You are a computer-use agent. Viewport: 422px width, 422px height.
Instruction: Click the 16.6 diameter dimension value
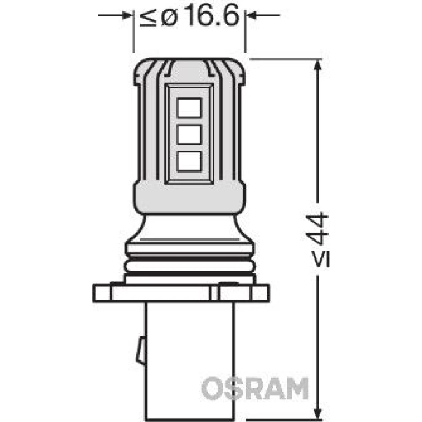pyautogui.click(x=212, y=16)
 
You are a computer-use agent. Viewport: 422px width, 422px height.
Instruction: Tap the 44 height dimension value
pyautogui.click(x=317, y=229)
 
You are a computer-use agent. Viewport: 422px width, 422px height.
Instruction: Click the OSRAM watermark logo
pyautogui.click(x=255, y=388)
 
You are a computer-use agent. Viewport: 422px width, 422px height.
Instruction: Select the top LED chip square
pyautogui.click(x=189, y=108)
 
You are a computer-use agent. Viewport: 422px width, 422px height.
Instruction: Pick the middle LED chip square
pyautogui.click(x=189, y=134)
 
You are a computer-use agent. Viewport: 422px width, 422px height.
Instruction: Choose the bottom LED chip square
pyautogui.click(x=189, y=161)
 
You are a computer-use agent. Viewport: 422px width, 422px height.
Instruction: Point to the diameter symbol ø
pyautogui.click(x=170, y=18)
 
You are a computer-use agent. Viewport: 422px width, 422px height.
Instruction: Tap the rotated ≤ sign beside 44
pyautogui.click(x=320, y=258)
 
